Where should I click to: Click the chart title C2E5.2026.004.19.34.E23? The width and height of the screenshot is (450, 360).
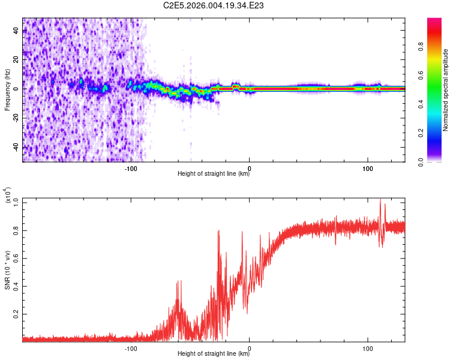click(214, 5)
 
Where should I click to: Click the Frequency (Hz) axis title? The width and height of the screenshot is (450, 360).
click(7, 90)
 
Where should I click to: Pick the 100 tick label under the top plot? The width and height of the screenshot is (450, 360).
click(367, 168)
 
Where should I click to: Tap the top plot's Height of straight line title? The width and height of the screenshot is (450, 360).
click(214, 175)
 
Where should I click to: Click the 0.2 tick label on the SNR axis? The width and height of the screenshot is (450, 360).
click(16, 314)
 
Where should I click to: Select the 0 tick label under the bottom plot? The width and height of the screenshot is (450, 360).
click(250, 348)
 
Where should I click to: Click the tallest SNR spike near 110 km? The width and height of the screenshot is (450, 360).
click(380, 200)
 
